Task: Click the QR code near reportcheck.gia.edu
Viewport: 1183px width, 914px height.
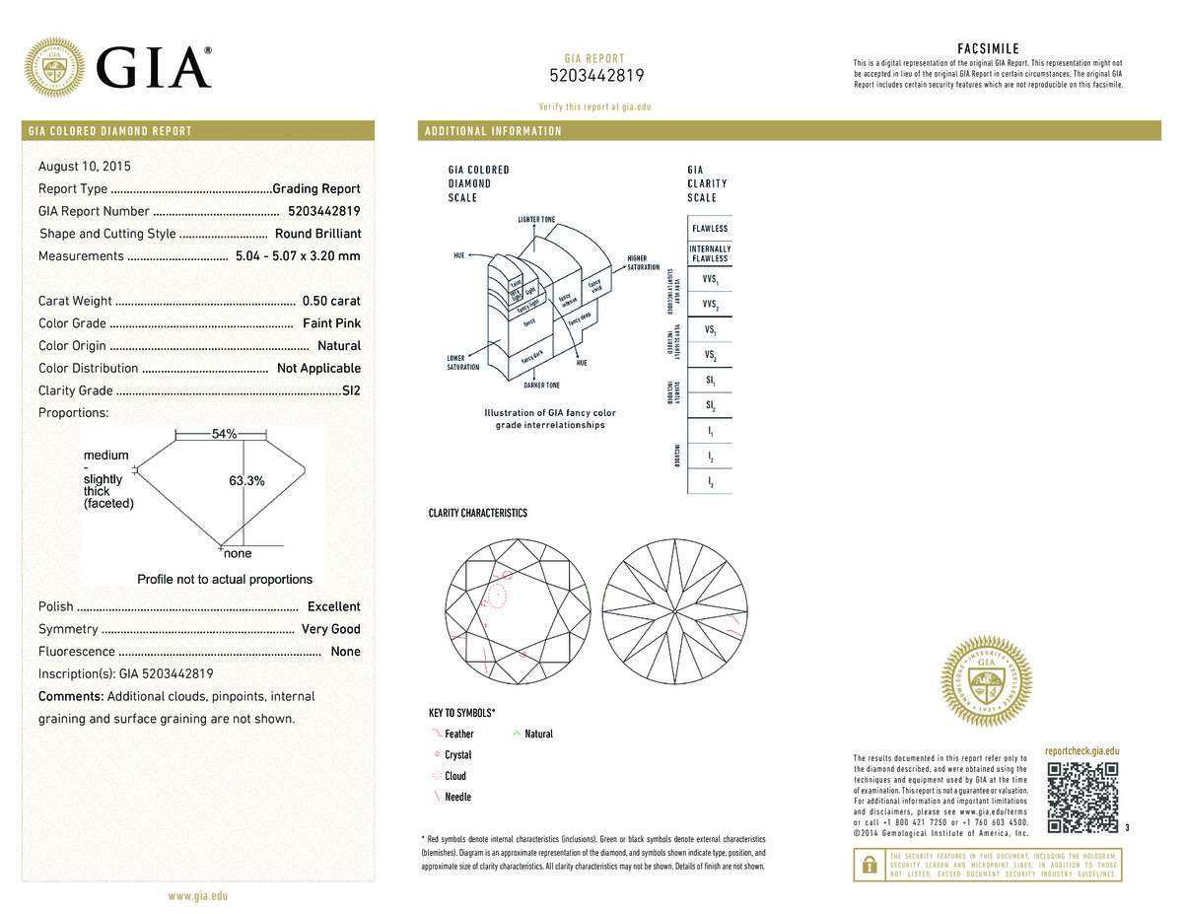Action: click(1082, 798)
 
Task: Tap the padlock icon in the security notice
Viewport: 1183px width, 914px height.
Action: click(870, 865)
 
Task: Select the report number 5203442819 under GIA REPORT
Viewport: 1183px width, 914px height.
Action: click(595, 77)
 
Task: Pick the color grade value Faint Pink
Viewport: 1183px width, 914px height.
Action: click(332, 323)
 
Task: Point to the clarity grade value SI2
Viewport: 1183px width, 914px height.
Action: click(350, 390)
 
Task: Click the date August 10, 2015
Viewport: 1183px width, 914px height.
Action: click(85, 166)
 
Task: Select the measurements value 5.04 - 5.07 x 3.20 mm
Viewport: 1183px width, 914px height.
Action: click(298, 256)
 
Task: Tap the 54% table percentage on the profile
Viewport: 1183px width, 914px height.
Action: click(225, 434)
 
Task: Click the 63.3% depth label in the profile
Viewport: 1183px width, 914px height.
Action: click(246, 480)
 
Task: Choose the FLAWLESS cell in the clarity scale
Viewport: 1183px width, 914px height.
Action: click(710, 229)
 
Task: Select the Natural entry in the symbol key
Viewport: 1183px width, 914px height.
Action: click(538, 734)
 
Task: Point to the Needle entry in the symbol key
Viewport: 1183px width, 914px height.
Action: click(457, 797)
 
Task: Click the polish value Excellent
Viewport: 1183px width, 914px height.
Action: click(333, 606)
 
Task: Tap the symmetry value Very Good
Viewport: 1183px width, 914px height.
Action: click(330, 629)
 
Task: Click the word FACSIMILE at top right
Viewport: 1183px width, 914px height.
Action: click(988, 48)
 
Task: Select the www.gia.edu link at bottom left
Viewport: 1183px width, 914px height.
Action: click(198, 896)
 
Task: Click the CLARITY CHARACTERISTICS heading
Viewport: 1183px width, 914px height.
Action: click(477, 514)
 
